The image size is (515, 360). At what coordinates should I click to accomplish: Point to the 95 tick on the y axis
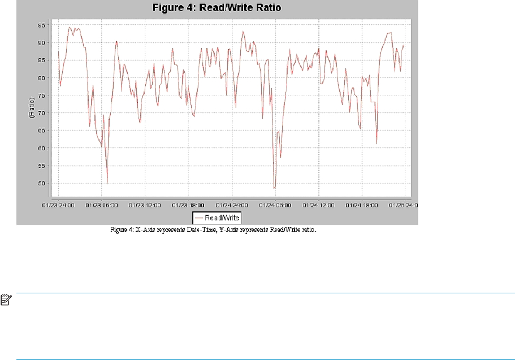pos(42,25)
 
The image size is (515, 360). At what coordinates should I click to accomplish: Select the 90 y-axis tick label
pos(42,42)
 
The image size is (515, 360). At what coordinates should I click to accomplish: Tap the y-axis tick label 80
pos(42,77)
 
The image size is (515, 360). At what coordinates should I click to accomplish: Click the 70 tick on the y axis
pos(42,112)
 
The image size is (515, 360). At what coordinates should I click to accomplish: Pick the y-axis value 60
pos(42,148)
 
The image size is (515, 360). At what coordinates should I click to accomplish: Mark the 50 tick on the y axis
pos(42,183)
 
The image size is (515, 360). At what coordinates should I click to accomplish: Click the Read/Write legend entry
pos(217,217)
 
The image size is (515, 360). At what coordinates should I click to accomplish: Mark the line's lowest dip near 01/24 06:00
pos(274,188)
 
